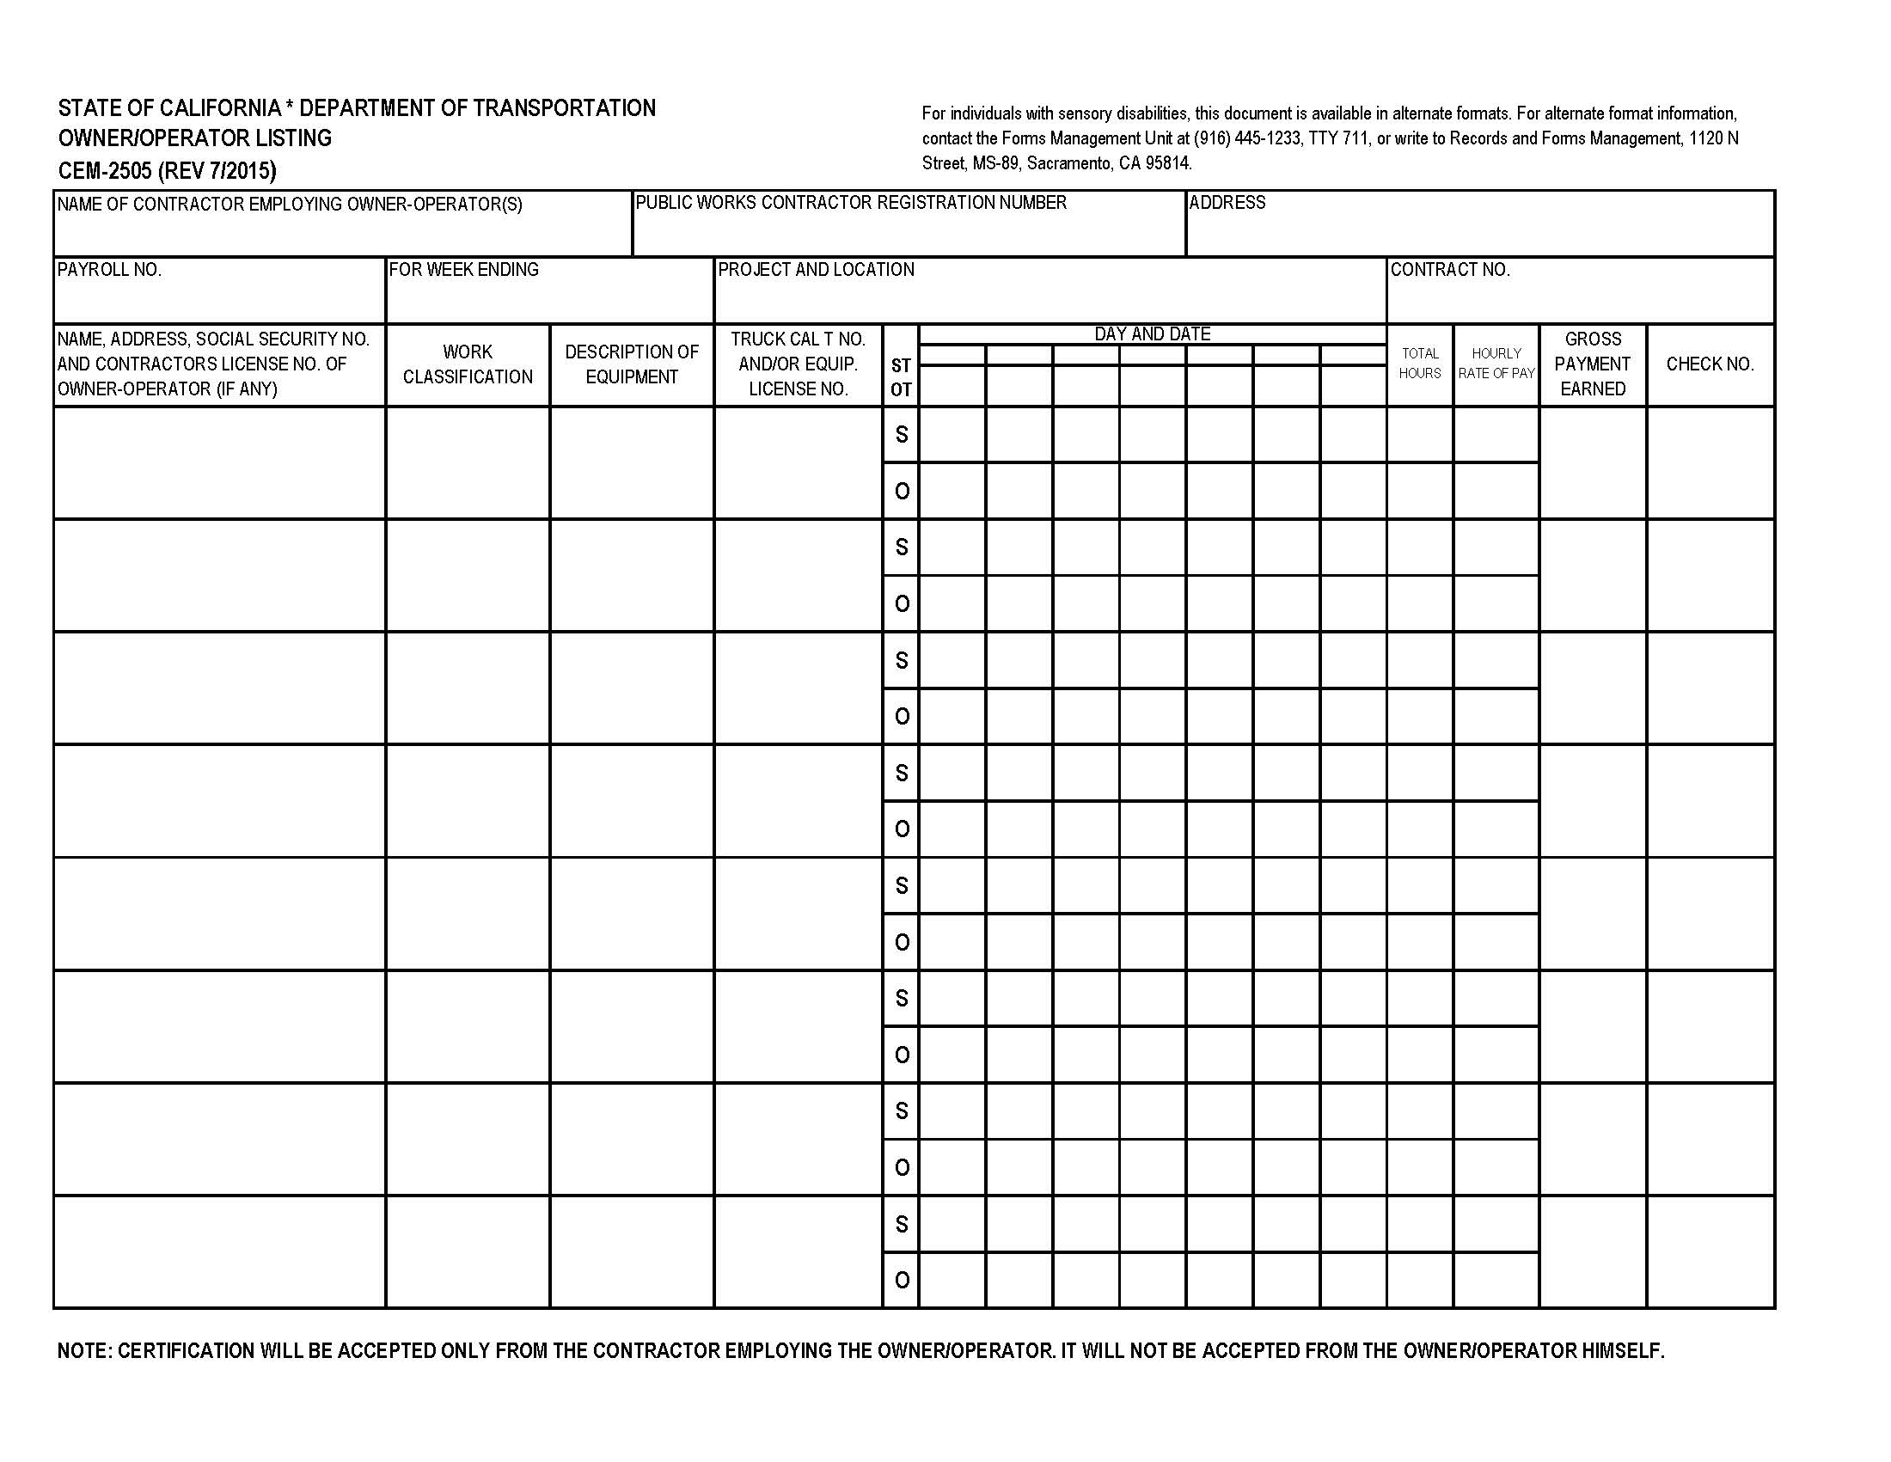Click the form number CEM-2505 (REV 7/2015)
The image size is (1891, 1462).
pos(167,170)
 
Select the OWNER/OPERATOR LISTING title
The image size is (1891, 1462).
pos(195,138)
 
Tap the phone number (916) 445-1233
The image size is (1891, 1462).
pos(1247,138)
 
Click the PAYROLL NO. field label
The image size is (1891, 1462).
pos(109,270)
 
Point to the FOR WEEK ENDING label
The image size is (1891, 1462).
pos(463,270)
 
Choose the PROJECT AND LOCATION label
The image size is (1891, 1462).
pos(816,270)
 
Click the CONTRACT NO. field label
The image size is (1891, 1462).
pos(1449,270)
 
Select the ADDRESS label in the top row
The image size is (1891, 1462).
pos(1227,203)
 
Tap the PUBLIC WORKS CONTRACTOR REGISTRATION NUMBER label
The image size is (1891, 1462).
pos(851,203)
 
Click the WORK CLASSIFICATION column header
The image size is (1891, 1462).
pos(468,364)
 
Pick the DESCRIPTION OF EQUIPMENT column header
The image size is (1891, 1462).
pos(631,364)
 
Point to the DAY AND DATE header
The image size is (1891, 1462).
pos(1152,334)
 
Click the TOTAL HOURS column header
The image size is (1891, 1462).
pos(1419,364)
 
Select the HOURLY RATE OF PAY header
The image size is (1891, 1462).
pos(1496,364)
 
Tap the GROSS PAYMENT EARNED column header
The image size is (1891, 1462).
pos(1592,364)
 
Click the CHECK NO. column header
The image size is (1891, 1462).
pos(1709,364)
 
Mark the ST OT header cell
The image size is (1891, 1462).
pos(901,378)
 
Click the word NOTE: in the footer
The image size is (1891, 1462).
pos(84,1351)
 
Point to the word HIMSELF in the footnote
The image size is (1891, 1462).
pos(1623,1351)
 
